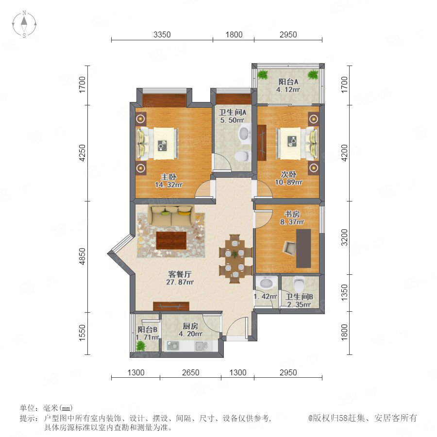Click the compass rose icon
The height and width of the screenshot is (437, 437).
(x=24, y=24)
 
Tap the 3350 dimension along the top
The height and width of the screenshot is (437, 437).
(x=162, y=34)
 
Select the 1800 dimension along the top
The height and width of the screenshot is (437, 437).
(x=234, y=34)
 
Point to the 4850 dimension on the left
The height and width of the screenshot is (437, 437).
(x=82, y=256)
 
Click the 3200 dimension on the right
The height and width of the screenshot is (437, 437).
(x=344, y=237)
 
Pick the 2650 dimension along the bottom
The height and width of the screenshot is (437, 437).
(x=191, y=372)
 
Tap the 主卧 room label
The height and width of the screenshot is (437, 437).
(x=168, y=177)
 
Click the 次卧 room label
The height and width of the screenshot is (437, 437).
(x=288, y=174)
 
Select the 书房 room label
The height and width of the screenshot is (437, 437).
(x=292, y=214)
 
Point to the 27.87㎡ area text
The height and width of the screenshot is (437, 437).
(x=180, y=282)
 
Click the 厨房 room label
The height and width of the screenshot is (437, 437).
(x=190, y=326)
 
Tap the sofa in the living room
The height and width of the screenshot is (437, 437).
(x=171, y=215)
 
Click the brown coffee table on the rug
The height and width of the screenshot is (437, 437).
(x=171, y=240)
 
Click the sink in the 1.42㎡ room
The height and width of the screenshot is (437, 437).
(x=266, y=283)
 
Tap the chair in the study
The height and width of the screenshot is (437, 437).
(x=289, y=248)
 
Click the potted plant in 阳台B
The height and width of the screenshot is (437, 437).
(x=141, y=346)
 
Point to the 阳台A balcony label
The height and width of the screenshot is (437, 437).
(x=288, y=82)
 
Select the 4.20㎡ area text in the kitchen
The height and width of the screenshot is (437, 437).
(x=191, y=334)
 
